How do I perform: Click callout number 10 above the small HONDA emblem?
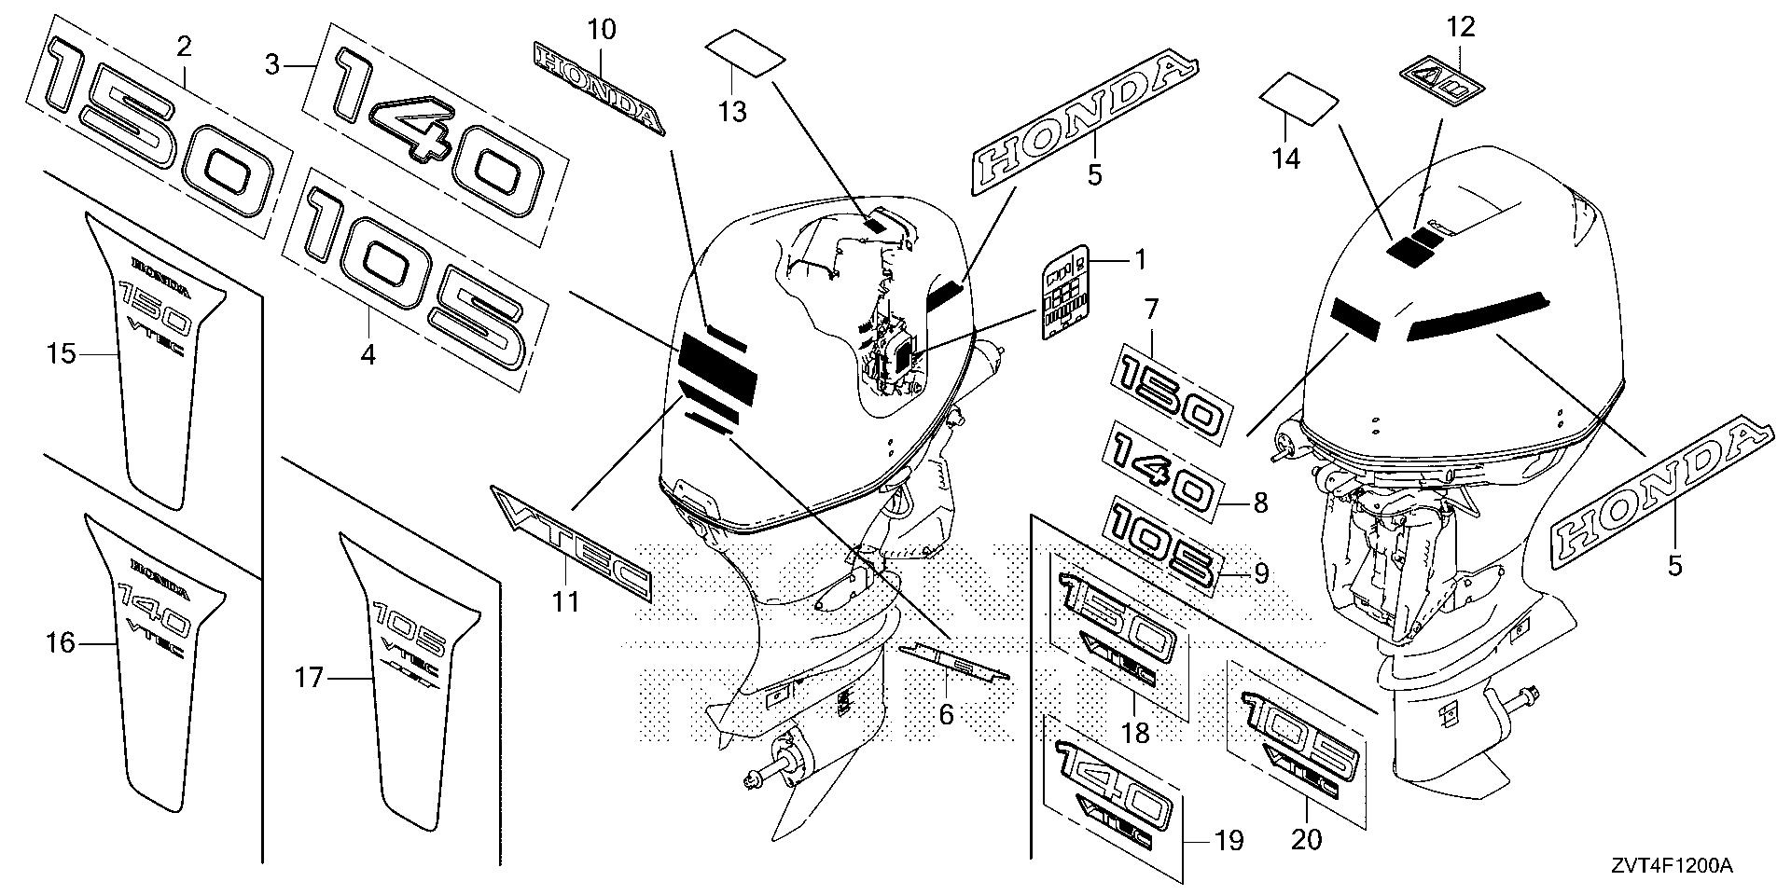603,30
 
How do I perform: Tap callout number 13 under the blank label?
732,113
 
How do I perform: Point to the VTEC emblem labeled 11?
571,542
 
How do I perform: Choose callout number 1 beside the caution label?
1138,259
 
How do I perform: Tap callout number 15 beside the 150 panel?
62,354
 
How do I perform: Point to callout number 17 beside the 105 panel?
309,678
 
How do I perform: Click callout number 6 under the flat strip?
946,714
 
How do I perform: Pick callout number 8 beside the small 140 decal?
1260,504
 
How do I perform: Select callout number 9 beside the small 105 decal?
1260,574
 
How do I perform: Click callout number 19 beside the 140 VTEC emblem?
1229,842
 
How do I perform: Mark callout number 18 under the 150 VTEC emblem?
1135,733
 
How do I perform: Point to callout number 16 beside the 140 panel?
61,642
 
